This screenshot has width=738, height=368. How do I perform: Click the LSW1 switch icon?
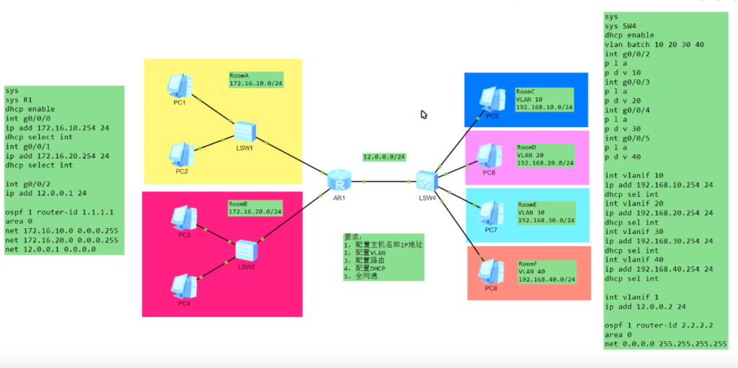pyautogui.click(x=246, y=131)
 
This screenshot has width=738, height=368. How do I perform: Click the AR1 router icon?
pyautogui.click(x=337, y=180)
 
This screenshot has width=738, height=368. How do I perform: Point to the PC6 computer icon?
pyautogui.click(x=489, y=154)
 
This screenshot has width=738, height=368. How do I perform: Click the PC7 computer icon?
pyautogui.click(x=492, y=211)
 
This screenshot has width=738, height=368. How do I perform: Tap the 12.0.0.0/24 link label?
pyautogui.click(x=384, y=157)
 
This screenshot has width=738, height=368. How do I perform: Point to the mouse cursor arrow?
pyautogui.click(x=424, y=113)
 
